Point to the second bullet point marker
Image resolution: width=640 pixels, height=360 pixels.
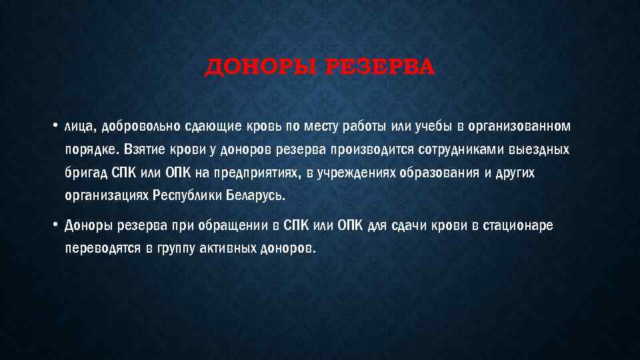pos(56,225)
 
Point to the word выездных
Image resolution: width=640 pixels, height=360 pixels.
pos(534,151)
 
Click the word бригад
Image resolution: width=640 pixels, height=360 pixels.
pos(85,173)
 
